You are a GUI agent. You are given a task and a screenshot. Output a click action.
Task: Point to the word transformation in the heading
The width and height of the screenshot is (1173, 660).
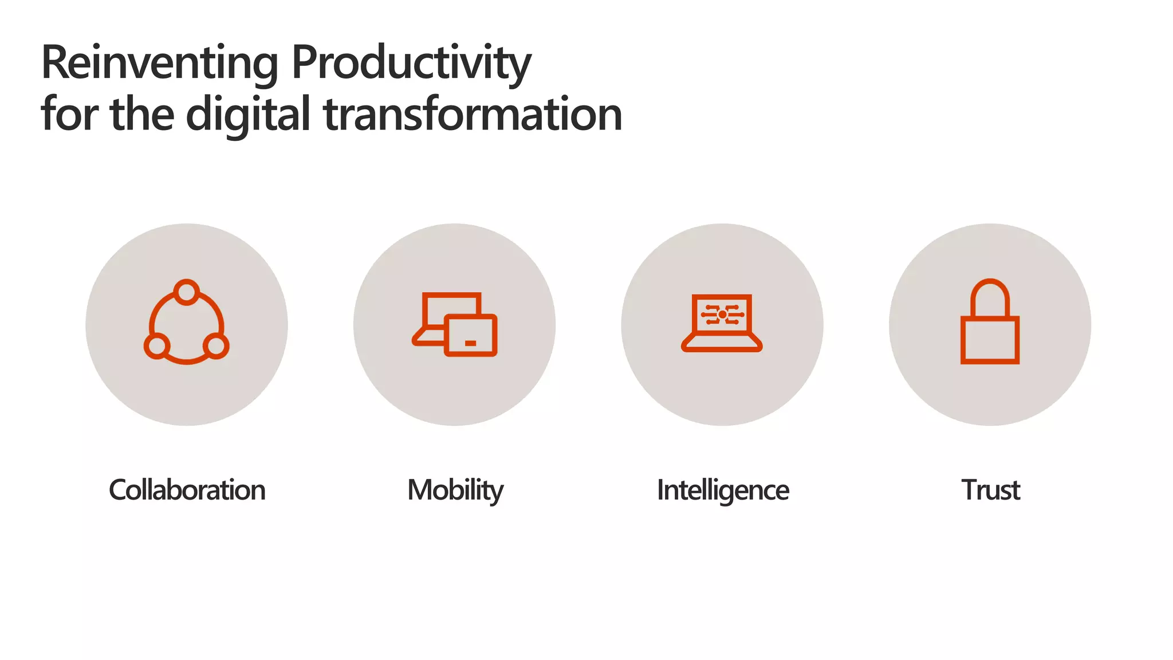click(473, 115)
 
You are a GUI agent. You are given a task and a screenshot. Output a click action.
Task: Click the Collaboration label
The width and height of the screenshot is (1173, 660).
click(187, 490)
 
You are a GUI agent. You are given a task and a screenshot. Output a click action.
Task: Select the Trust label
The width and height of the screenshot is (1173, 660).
click(990, 490)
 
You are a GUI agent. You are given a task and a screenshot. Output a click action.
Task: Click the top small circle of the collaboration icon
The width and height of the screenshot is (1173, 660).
click(186, 292)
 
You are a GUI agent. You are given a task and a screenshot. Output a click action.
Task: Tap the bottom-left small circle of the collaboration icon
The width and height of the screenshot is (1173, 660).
click(156, 346)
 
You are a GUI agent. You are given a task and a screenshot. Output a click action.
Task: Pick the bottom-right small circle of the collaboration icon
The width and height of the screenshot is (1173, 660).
click(216, 346)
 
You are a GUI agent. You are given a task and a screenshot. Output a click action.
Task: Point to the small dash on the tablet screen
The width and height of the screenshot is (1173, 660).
click(470, 343)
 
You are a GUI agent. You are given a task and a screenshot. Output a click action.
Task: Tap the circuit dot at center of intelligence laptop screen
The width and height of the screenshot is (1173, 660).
click(722, 315)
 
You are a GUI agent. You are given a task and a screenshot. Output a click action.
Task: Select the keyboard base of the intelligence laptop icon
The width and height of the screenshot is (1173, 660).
click(722, 343)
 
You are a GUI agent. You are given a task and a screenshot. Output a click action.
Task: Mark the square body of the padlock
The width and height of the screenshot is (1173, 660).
click(990, 340)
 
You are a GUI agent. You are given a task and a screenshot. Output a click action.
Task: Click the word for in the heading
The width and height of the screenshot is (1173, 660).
click(69, 115)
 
